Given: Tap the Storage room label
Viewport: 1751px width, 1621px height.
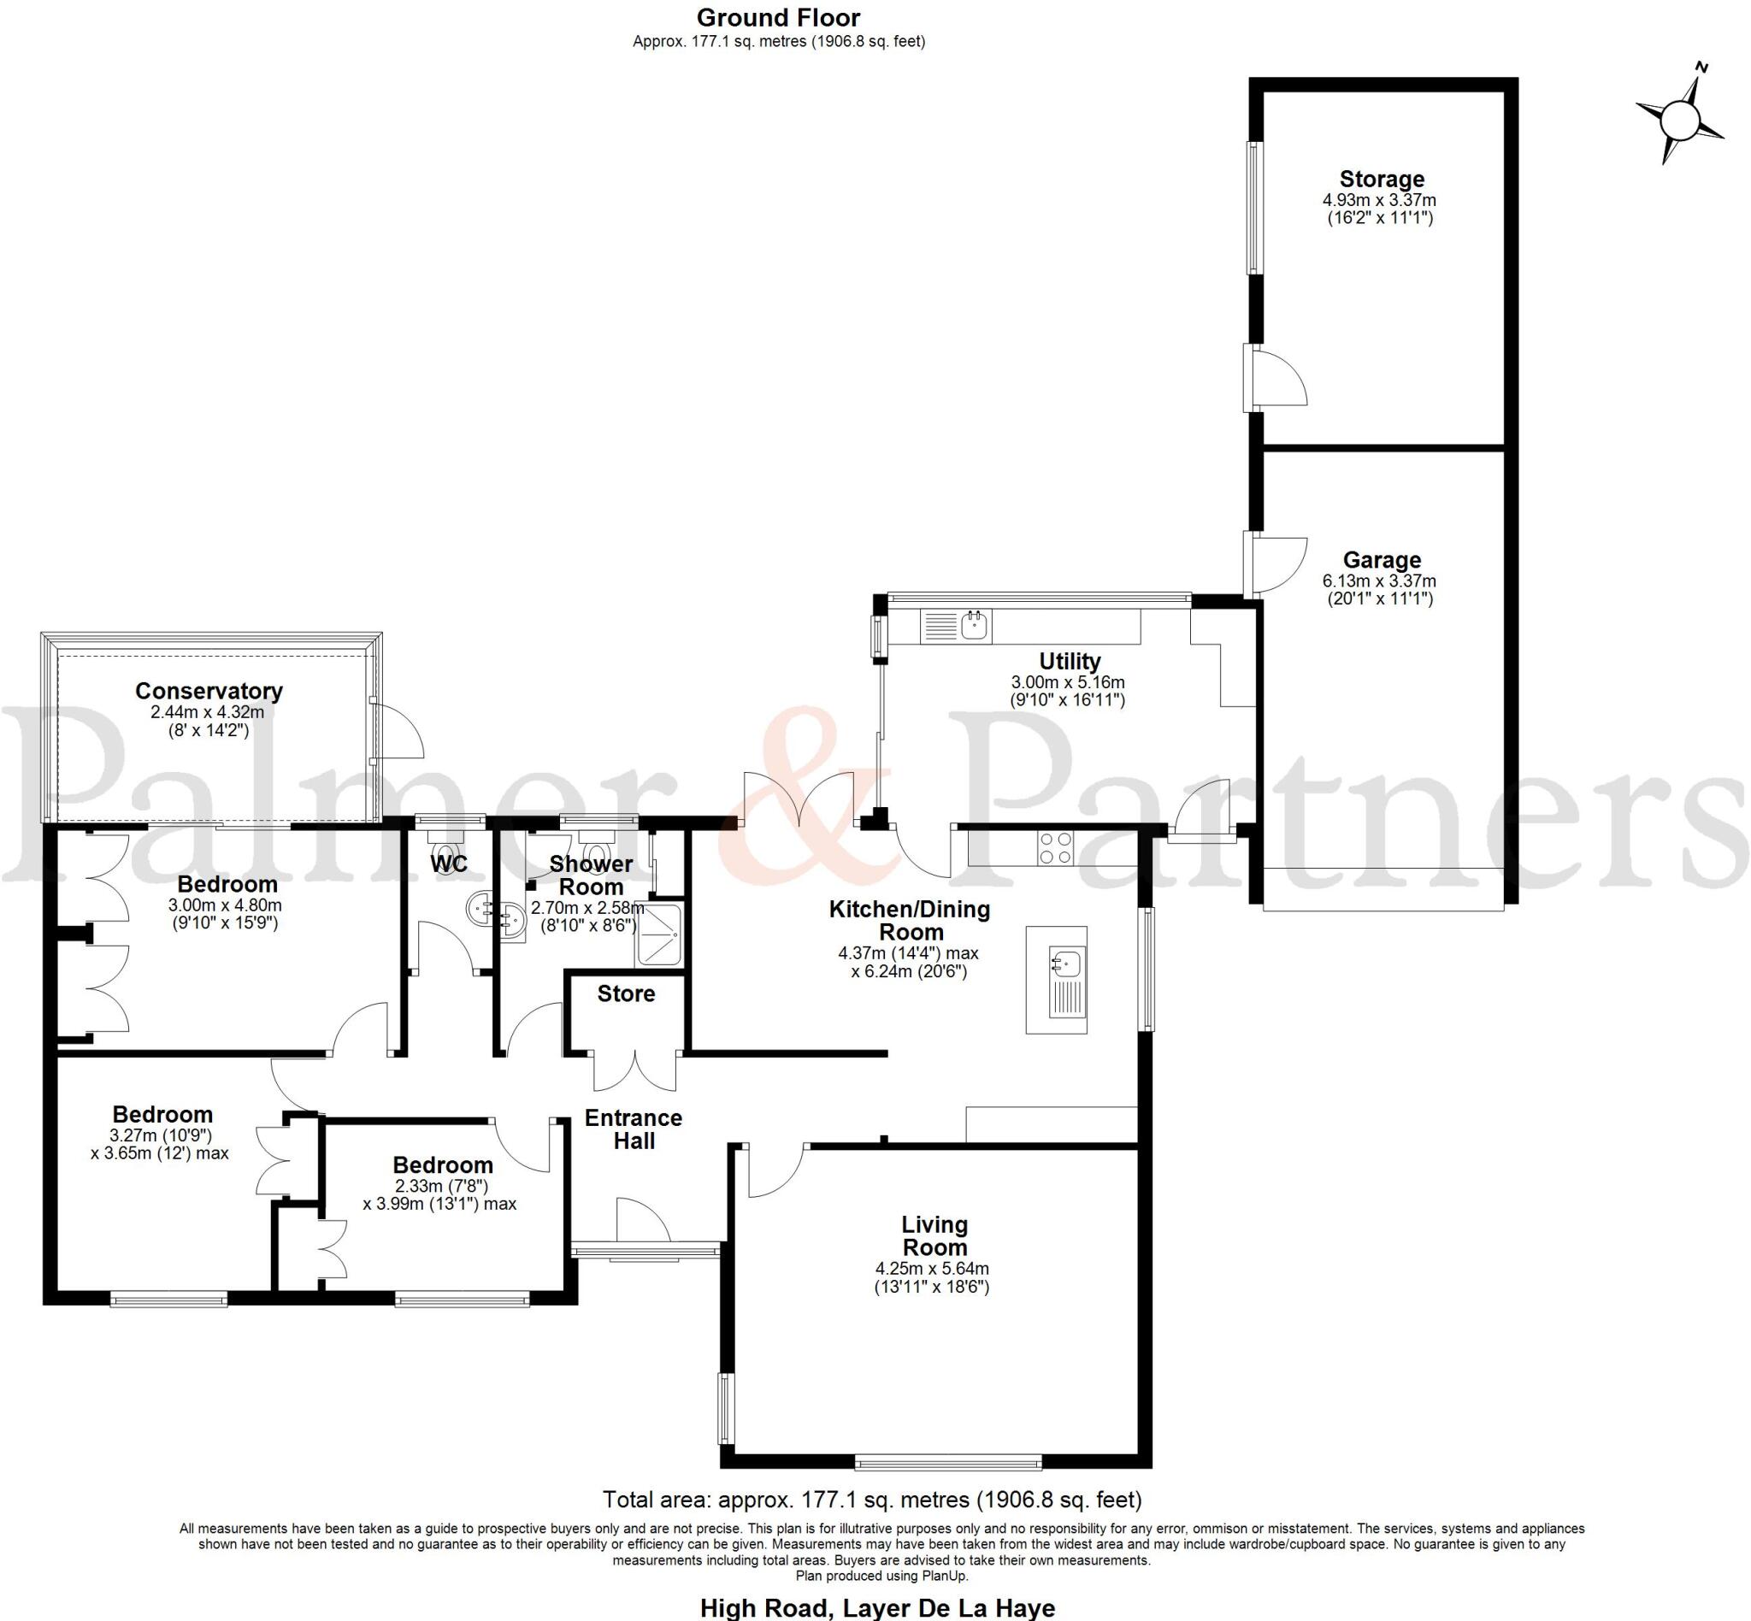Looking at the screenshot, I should pos(1381,179).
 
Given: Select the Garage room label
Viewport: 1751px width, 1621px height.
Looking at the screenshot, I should pos(1381,560).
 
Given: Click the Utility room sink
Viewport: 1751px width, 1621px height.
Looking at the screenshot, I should pos(975,626).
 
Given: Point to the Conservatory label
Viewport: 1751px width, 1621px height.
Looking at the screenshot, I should pos(209,691).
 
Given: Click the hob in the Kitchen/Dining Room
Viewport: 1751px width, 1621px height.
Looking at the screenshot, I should pos(1054,847).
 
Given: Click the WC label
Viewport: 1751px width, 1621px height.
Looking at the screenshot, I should pos(448,864).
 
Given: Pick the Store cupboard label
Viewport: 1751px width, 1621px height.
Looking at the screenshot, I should pos(626,993).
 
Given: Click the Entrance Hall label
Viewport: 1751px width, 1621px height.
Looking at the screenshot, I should pos(634,1129).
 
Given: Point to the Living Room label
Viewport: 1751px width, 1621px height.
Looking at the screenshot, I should pos(934,1236).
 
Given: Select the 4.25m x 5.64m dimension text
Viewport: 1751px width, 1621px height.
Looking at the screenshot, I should pos(932,1269).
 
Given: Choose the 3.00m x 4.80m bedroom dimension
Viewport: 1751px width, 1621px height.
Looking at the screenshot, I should pos(226,905).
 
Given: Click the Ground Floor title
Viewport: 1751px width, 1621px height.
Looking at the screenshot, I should pos(778,18).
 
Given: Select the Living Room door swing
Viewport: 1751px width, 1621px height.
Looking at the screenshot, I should pos(773,1172).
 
